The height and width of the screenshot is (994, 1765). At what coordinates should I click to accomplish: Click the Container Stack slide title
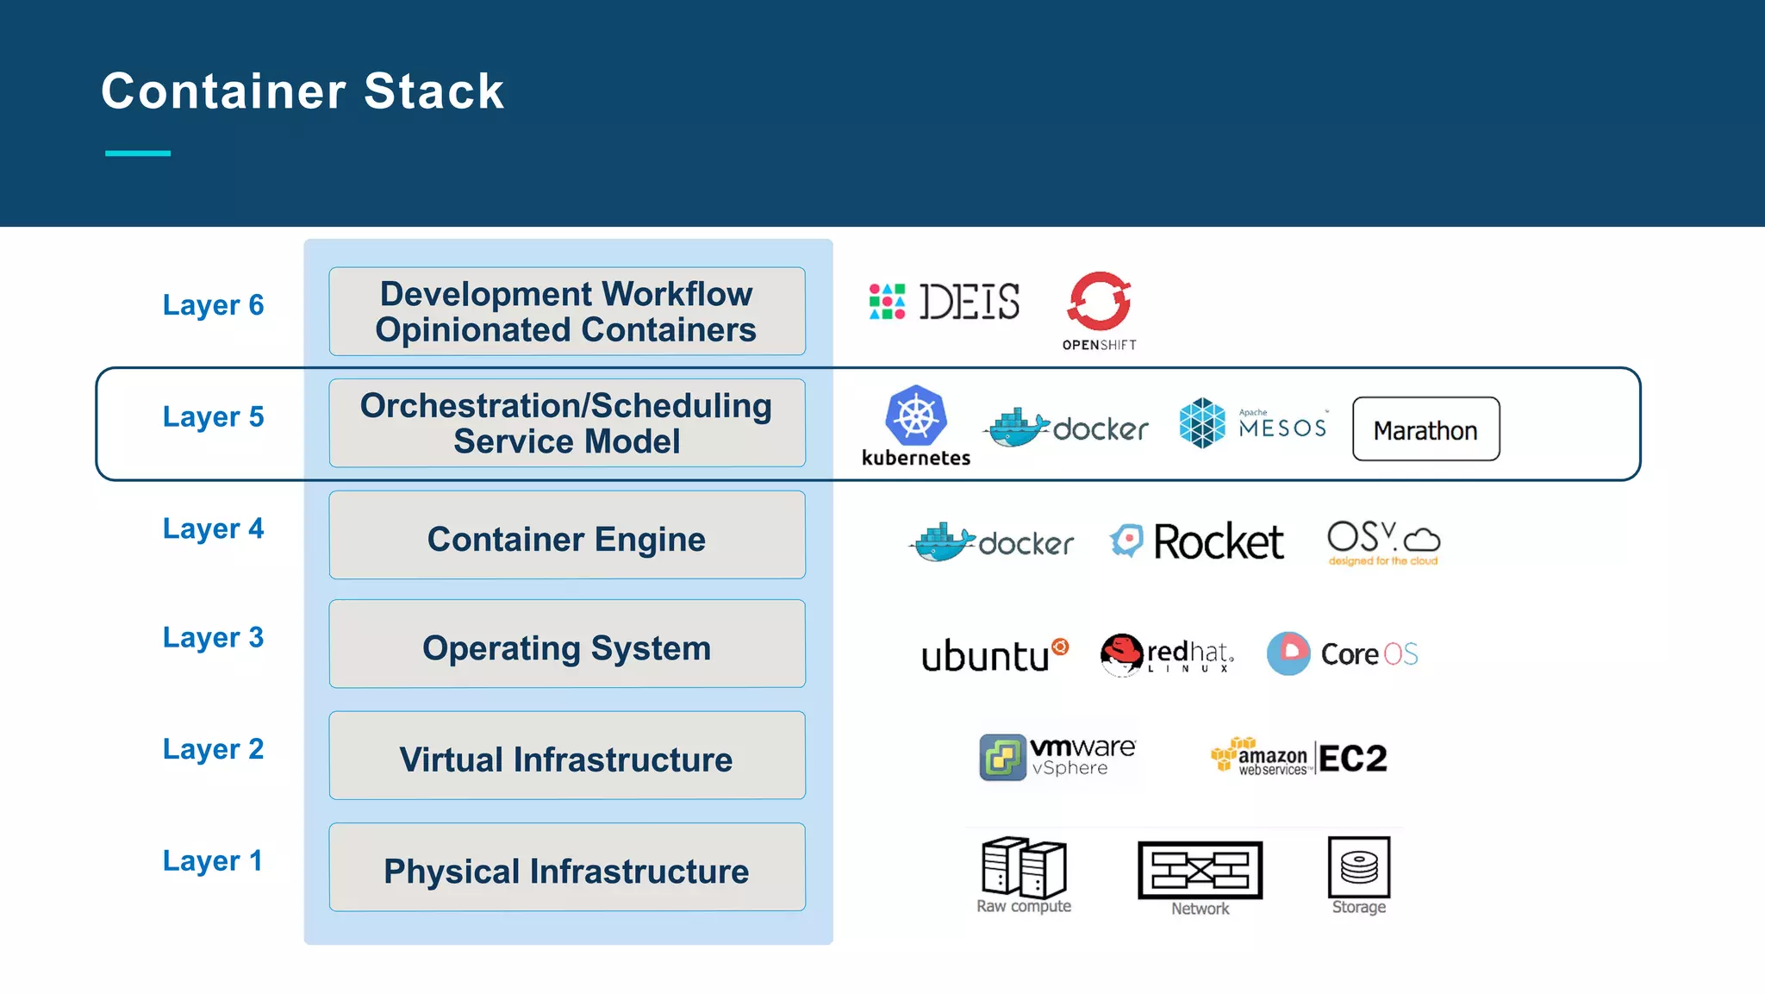click(302, 91)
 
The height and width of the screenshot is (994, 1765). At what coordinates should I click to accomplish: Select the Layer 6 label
click(213, 305)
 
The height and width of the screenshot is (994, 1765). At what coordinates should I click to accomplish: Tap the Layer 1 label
click(212, 860)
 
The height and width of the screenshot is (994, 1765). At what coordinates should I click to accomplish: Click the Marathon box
click(1425, 429)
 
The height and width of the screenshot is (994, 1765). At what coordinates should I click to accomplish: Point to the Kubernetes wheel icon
click(915, 416)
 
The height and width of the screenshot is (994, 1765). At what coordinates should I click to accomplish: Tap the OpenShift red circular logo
click(1099, 302)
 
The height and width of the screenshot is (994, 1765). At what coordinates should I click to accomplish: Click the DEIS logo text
click(969, 302)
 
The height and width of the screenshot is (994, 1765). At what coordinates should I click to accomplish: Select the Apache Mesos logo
click(1252, 423)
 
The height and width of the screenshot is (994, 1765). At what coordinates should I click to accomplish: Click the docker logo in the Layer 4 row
click(992, 542)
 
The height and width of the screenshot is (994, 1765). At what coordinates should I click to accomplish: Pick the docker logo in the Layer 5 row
click(1067, 428)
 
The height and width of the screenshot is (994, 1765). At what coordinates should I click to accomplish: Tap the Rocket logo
click(1197, 541)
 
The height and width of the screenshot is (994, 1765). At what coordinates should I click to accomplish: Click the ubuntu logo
click(994, 655)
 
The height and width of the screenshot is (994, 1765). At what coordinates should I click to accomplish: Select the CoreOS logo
click(1342, 653)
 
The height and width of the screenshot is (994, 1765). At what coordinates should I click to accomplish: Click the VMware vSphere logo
click(1057, 757)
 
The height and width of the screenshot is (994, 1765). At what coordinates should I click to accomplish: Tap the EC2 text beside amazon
click(1352, 759)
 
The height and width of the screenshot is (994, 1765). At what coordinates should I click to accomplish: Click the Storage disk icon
click(1358, 866)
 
